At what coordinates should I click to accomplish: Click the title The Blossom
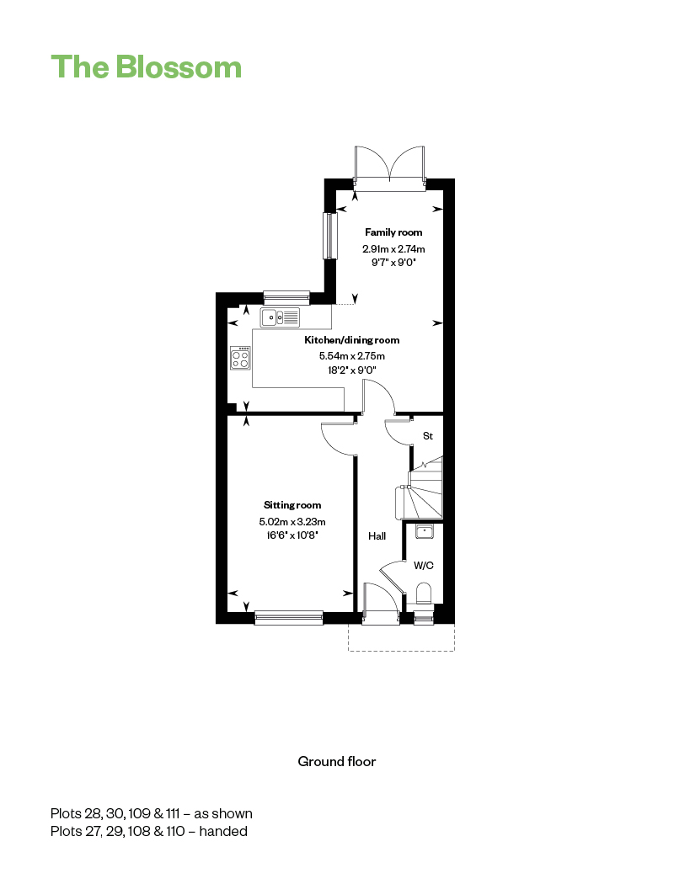tap(146, 67)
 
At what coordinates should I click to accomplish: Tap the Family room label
tap(393, 232)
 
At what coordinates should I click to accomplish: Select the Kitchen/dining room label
tap(351, 340)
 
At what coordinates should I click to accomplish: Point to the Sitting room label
tap(292, 505)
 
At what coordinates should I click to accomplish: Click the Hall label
tap(377, 536)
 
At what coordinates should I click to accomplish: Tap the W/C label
tap(424, 566)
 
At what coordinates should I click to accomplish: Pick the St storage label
tap(427, 436)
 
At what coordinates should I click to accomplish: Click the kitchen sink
tap(280, 317)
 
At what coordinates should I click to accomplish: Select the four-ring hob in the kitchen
tap(240, 358)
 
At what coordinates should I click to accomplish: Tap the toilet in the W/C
tap(424, 594)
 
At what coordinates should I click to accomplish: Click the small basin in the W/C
tap(424, 531)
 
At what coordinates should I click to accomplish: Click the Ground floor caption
tap(337, 762)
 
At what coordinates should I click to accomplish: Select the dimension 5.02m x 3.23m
tap(292, 521)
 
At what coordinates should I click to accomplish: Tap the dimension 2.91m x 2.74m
tap(393, 248)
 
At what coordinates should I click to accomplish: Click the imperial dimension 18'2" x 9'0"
tap(352, 370)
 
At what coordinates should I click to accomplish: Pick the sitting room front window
tap(289, 618)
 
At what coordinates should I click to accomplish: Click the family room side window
tap(330, 236)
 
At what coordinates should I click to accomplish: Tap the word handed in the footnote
tap(223, 831)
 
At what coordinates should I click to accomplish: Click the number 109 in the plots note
tap(139, 813)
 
